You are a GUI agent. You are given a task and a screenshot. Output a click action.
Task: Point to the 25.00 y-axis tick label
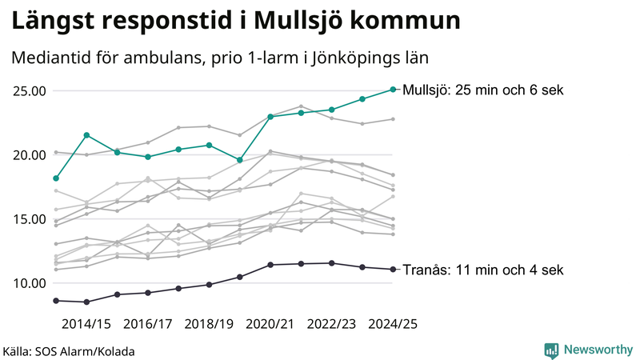point(28,90)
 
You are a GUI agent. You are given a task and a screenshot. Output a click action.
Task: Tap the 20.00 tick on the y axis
point(28,154)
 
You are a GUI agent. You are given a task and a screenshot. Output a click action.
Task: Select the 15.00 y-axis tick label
point(28,218)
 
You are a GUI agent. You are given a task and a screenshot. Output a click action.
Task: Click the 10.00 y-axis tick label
point(28,282)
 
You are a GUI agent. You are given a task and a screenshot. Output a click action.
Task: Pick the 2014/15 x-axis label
point(86,324)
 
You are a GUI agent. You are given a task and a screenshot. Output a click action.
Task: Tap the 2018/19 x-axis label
point(209,324)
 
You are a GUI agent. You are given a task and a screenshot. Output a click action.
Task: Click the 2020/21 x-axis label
point(270,324)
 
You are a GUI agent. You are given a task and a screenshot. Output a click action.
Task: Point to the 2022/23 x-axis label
point(331,324)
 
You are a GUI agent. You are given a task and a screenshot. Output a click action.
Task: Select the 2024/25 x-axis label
point(393,324)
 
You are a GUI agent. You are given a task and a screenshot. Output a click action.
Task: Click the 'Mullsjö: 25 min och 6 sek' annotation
point(484,90)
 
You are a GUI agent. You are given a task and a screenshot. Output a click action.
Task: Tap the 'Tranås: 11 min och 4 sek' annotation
point(484,270)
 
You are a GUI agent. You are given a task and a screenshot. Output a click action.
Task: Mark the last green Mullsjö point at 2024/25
point(393,90)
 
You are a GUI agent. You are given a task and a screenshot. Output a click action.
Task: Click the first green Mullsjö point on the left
point(55,178)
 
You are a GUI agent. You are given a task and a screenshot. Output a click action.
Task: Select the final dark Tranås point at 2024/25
point(393,269)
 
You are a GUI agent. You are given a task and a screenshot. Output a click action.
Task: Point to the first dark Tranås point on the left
point(55,300)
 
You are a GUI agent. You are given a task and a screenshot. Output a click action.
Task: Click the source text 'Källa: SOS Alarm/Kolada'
point(69,350)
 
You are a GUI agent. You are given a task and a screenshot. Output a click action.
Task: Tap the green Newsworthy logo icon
point(551,350)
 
